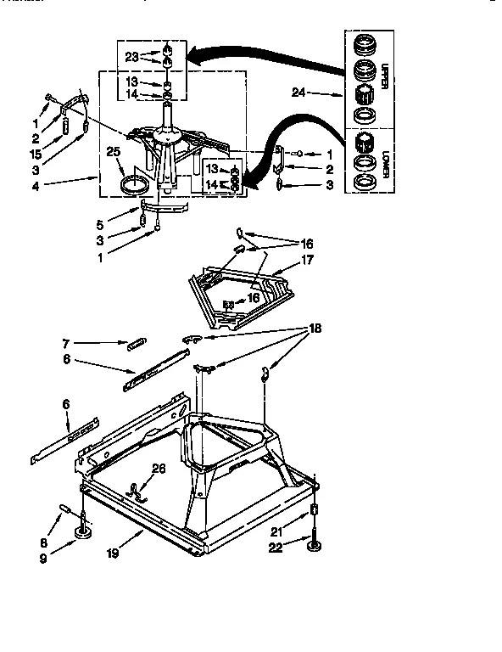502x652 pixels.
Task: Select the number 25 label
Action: [114, 152]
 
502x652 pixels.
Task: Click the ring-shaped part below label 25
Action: [132, 185]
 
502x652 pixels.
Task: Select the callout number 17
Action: [307, 261]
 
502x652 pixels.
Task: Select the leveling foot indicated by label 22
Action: [315, 545]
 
